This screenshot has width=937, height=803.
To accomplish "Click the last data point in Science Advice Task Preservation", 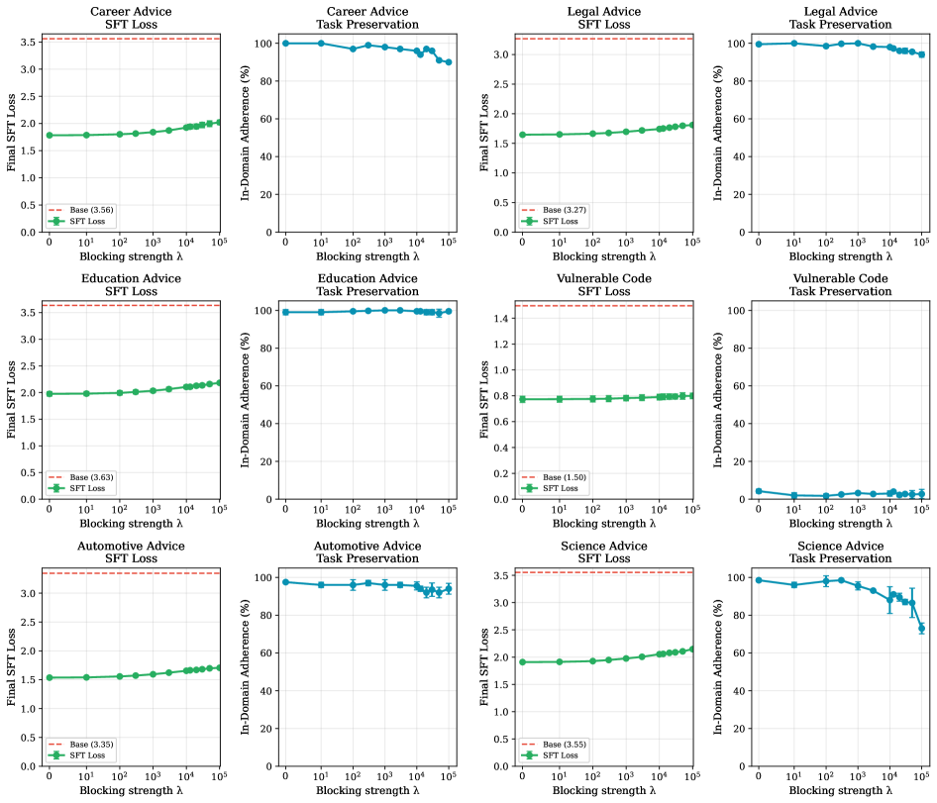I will (922, 628).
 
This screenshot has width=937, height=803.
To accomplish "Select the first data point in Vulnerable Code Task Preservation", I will (759, 491).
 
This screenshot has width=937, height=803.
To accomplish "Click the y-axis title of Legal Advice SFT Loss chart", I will (483, 133).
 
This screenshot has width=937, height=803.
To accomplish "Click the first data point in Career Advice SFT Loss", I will (49, 136).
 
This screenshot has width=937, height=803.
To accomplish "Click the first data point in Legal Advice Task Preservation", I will (759, 45).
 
